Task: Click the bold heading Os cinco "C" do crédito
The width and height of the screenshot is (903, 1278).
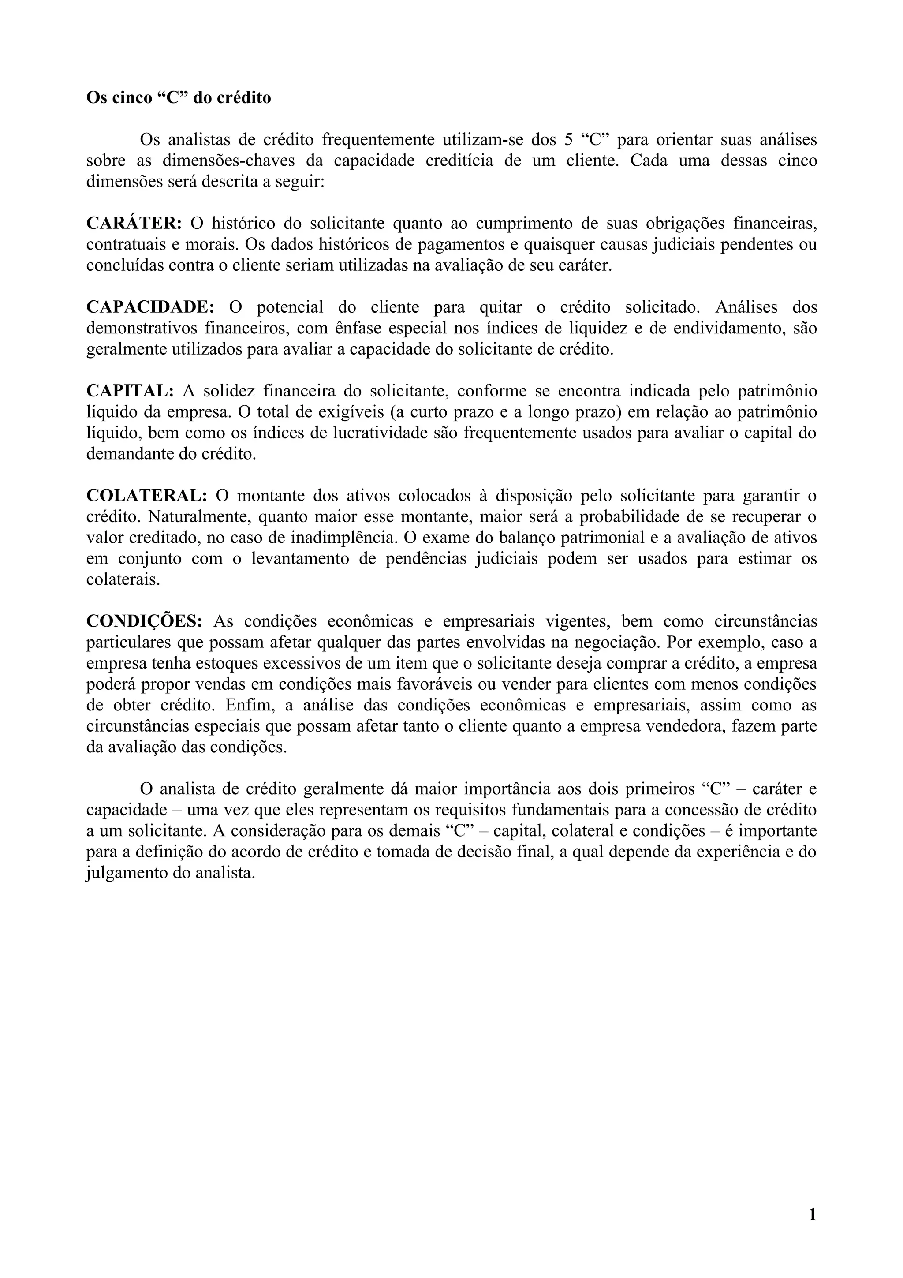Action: pos(179,98)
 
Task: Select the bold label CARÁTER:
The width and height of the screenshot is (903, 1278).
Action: pos(134,223)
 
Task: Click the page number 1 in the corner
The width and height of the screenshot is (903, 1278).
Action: pos(812,1214)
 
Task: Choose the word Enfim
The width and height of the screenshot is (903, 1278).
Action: pos(248,705)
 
